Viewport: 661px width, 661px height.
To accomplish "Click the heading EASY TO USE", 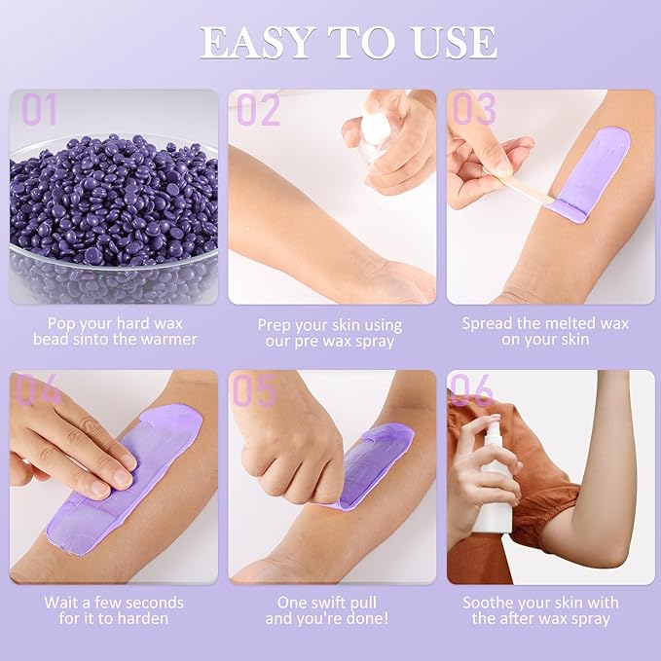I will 348,43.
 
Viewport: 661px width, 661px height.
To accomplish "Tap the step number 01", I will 40,111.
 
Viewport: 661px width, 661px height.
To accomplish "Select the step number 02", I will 259,111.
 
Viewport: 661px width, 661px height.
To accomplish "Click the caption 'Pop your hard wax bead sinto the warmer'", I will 114,332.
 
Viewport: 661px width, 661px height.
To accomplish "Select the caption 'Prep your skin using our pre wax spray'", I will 330,332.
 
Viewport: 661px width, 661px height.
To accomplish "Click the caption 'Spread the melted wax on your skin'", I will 546,332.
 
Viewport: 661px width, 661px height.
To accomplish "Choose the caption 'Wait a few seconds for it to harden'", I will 114,610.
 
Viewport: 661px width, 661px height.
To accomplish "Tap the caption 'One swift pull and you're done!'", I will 330,610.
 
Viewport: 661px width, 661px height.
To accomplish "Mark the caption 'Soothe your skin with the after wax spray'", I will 546,610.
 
